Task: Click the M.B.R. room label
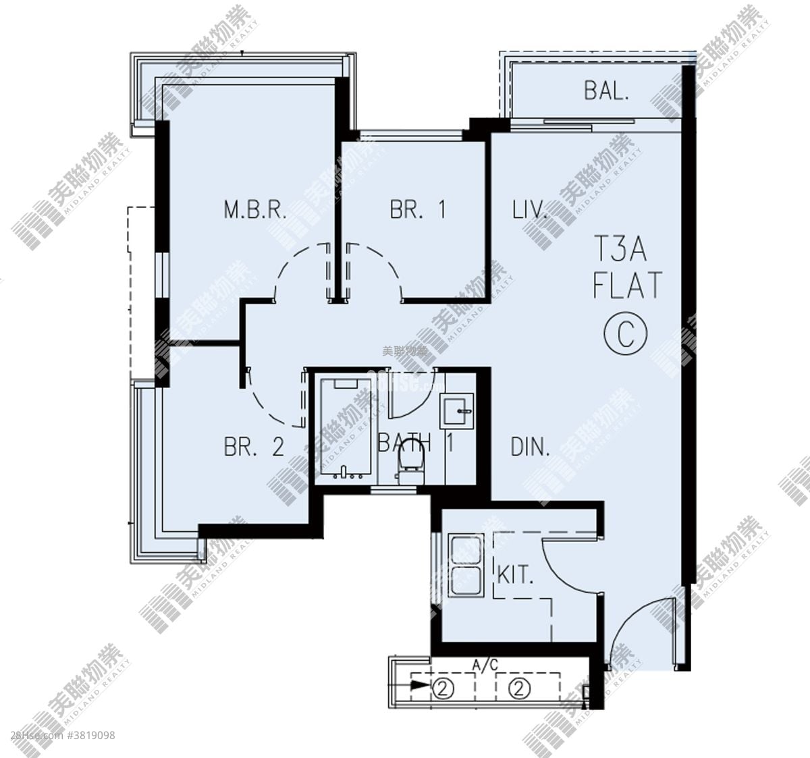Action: (255, 210)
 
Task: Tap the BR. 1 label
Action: (418, 210)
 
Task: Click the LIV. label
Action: (529, 210)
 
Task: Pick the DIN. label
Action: (531, 447)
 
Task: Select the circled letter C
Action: (626, 333)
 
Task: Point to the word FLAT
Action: (628, 286)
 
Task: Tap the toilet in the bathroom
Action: (409, 464)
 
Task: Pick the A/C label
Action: (485, 666)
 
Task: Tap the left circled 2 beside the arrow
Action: (443, 689)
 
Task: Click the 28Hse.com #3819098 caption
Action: (63, 735)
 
